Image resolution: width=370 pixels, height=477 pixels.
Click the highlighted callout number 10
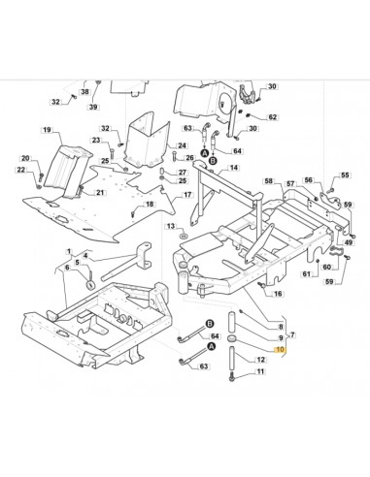pyautogui.click(x=280, y=350)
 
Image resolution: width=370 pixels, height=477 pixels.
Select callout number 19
pyautogui.click(x=47, y=130)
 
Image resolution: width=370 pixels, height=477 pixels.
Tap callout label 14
pyautogui.click(x=234, y=168)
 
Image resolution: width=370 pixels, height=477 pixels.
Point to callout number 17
pyautogui.click(x=187, y=195)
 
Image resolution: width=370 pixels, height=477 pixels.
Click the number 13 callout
pyautogui.click(x=171, y=226)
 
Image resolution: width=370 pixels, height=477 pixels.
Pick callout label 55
pyautogui.click(x=345, y=175)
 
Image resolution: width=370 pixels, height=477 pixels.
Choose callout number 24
pyautogui.click(x=183, y=145)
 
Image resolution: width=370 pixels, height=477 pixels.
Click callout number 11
pyautogui.click(x=260, y=371)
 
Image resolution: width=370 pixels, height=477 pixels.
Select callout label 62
pyautogui.click(x=273, y=117)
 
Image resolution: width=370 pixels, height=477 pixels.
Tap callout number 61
pyautogui.click(x=306, y=274)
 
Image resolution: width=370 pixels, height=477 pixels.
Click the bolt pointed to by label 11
pyautogui.click(x=231, y=377)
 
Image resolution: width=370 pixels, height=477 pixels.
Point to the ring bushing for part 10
pyautogui.click(x=232, y=338)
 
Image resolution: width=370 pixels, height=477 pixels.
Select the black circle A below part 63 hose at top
pyautogui.click(x=204, y=153)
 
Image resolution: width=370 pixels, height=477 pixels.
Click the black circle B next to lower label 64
pyautogui.click(x=210, y=324)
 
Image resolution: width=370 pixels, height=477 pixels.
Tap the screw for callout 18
pyautogui.click(x=133, y=213)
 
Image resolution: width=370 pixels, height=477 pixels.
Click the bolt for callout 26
pyautogui.click(x=175, y=157)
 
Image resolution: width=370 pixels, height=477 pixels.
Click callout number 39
pyautogui.click(x=93, y=107)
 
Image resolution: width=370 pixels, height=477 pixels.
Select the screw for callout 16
pyautogui.click(x=260, y=285)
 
